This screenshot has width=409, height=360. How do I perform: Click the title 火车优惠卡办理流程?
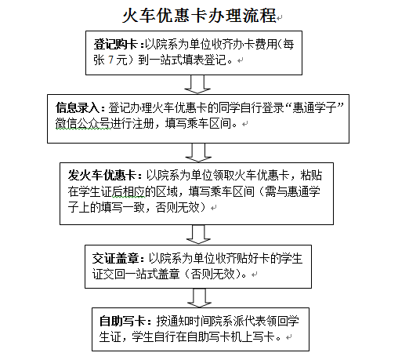pos(199,16)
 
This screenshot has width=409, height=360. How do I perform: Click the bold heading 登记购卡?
pos(116,44)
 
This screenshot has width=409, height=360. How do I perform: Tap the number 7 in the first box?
pos(111,60)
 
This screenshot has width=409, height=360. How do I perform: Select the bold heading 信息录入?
pos(78,107)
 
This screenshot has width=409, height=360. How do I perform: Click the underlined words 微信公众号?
pos(82,123)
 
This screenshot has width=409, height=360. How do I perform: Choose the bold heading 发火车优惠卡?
pos(102,175)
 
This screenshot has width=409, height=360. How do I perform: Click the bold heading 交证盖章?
pos(115,259)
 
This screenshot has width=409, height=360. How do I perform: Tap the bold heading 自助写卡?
pos(122,321)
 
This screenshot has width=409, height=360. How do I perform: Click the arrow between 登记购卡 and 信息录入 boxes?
pos(197,84)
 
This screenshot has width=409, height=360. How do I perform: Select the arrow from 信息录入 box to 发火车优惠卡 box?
pos(198,153)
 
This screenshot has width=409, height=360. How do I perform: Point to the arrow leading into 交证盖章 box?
pos(198,235)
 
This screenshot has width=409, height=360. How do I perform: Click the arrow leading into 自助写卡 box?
pos(199,298)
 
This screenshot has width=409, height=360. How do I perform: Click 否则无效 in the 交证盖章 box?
pos(212,275)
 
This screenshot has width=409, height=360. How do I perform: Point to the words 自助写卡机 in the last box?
pos(215,336)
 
